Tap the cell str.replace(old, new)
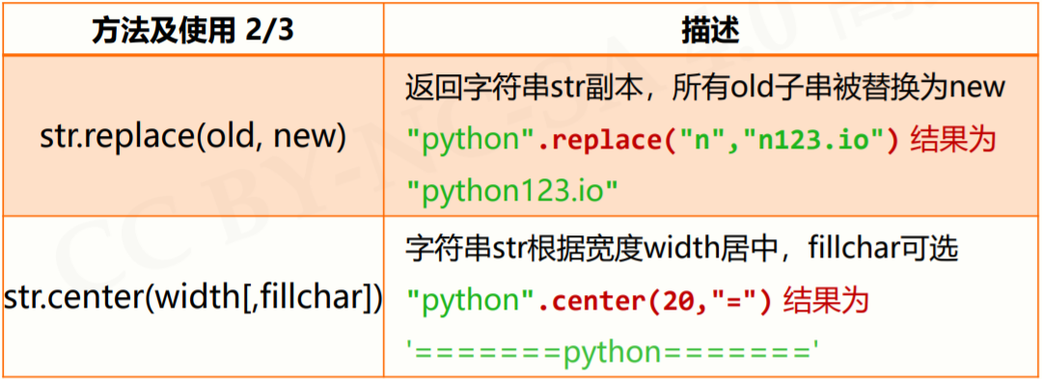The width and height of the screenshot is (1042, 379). point(193,135)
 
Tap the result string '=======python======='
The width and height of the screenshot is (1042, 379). point(614,352)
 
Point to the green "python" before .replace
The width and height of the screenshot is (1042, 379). point(471,140)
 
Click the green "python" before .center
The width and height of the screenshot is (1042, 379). point(471,300)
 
